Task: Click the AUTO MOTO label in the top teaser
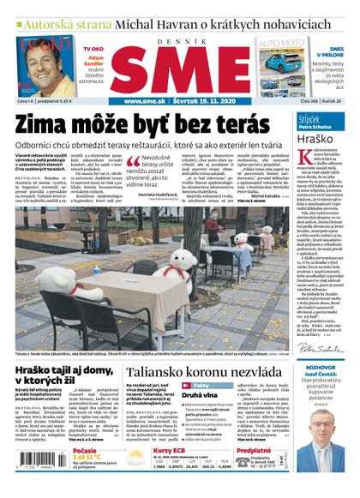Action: tap(280, 43)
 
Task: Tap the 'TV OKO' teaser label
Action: tap(92, 51)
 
